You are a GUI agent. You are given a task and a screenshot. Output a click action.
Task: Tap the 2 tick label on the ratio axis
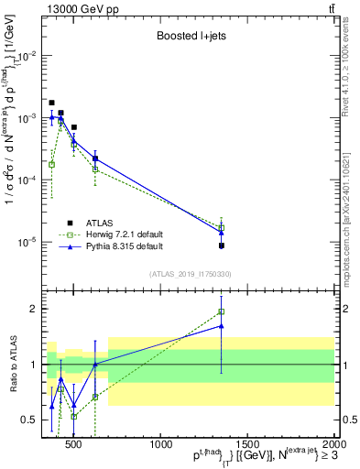pos(34,309)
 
